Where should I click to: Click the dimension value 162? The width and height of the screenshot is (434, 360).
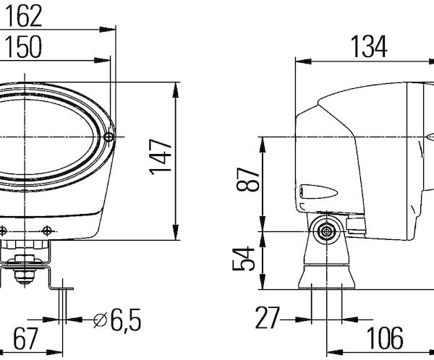24,17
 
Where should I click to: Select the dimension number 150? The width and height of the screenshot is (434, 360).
24,47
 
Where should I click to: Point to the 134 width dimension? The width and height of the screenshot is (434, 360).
369,47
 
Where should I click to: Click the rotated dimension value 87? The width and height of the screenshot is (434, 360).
247,179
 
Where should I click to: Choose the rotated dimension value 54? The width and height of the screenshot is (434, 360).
244,259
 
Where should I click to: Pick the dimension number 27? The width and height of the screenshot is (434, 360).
267,318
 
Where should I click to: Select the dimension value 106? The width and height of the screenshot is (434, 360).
385,338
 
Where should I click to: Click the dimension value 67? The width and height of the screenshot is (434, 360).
25,338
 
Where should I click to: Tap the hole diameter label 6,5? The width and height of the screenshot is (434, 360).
126,320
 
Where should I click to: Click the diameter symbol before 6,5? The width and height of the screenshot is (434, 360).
101,320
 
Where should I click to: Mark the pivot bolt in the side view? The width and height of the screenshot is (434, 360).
327,231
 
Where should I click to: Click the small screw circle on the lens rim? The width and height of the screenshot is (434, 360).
109,137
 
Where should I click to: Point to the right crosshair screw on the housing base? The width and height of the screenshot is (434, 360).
47,230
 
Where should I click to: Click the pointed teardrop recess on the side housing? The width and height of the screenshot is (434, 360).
319,192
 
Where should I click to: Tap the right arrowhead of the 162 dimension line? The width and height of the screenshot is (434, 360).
107,30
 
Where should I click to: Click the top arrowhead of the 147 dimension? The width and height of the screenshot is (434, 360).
176,90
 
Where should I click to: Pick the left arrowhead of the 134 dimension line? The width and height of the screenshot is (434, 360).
303,61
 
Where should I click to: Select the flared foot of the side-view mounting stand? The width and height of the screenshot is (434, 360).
327,278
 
